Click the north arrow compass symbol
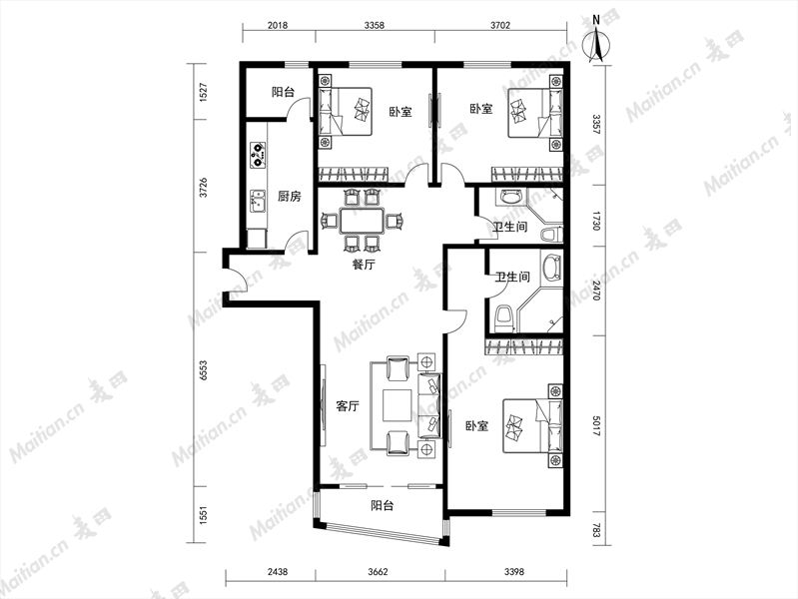[x=598, y=42]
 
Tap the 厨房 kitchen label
[x=289, y=196]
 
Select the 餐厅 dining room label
[x=364, y=265]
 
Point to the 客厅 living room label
[x=348, y=406]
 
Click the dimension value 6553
[x=204, y=370]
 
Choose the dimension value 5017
[x=596, y=426]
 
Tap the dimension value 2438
[x=278, y=571]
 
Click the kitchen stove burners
[x=258, y=155]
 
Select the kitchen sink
[x=258, y=201]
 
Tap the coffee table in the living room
[x=398, y=405]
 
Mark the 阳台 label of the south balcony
[x=382, y=505]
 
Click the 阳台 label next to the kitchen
[x=283, y=92]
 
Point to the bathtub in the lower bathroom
[x=551, y=267]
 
